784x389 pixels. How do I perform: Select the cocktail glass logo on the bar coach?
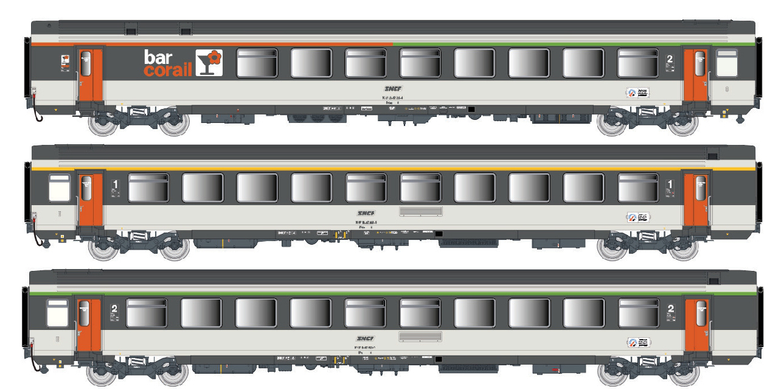coord(209,63)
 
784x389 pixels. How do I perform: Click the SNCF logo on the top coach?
coord(393,89)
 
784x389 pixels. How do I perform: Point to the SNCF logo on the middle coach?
coord(366,213)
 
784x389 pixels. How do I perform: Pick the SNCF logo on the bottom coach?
coord(366,338)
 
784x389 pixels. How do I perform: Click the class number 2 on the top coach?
coord(669,60)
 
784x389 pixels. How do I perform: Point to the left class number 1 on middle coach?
coord(116,183)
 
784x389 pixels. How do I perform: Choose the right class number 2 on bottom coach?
coord(670,309)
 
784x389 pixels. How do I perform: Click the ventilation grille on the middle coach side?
coord(421,211)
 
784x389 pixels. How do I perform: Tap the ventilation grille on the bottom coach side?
coord(420,336)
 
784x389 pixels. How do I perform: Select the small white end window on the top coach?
coord(726,63)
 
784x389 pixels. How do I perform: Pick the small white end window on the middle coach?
coord(59,187)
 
